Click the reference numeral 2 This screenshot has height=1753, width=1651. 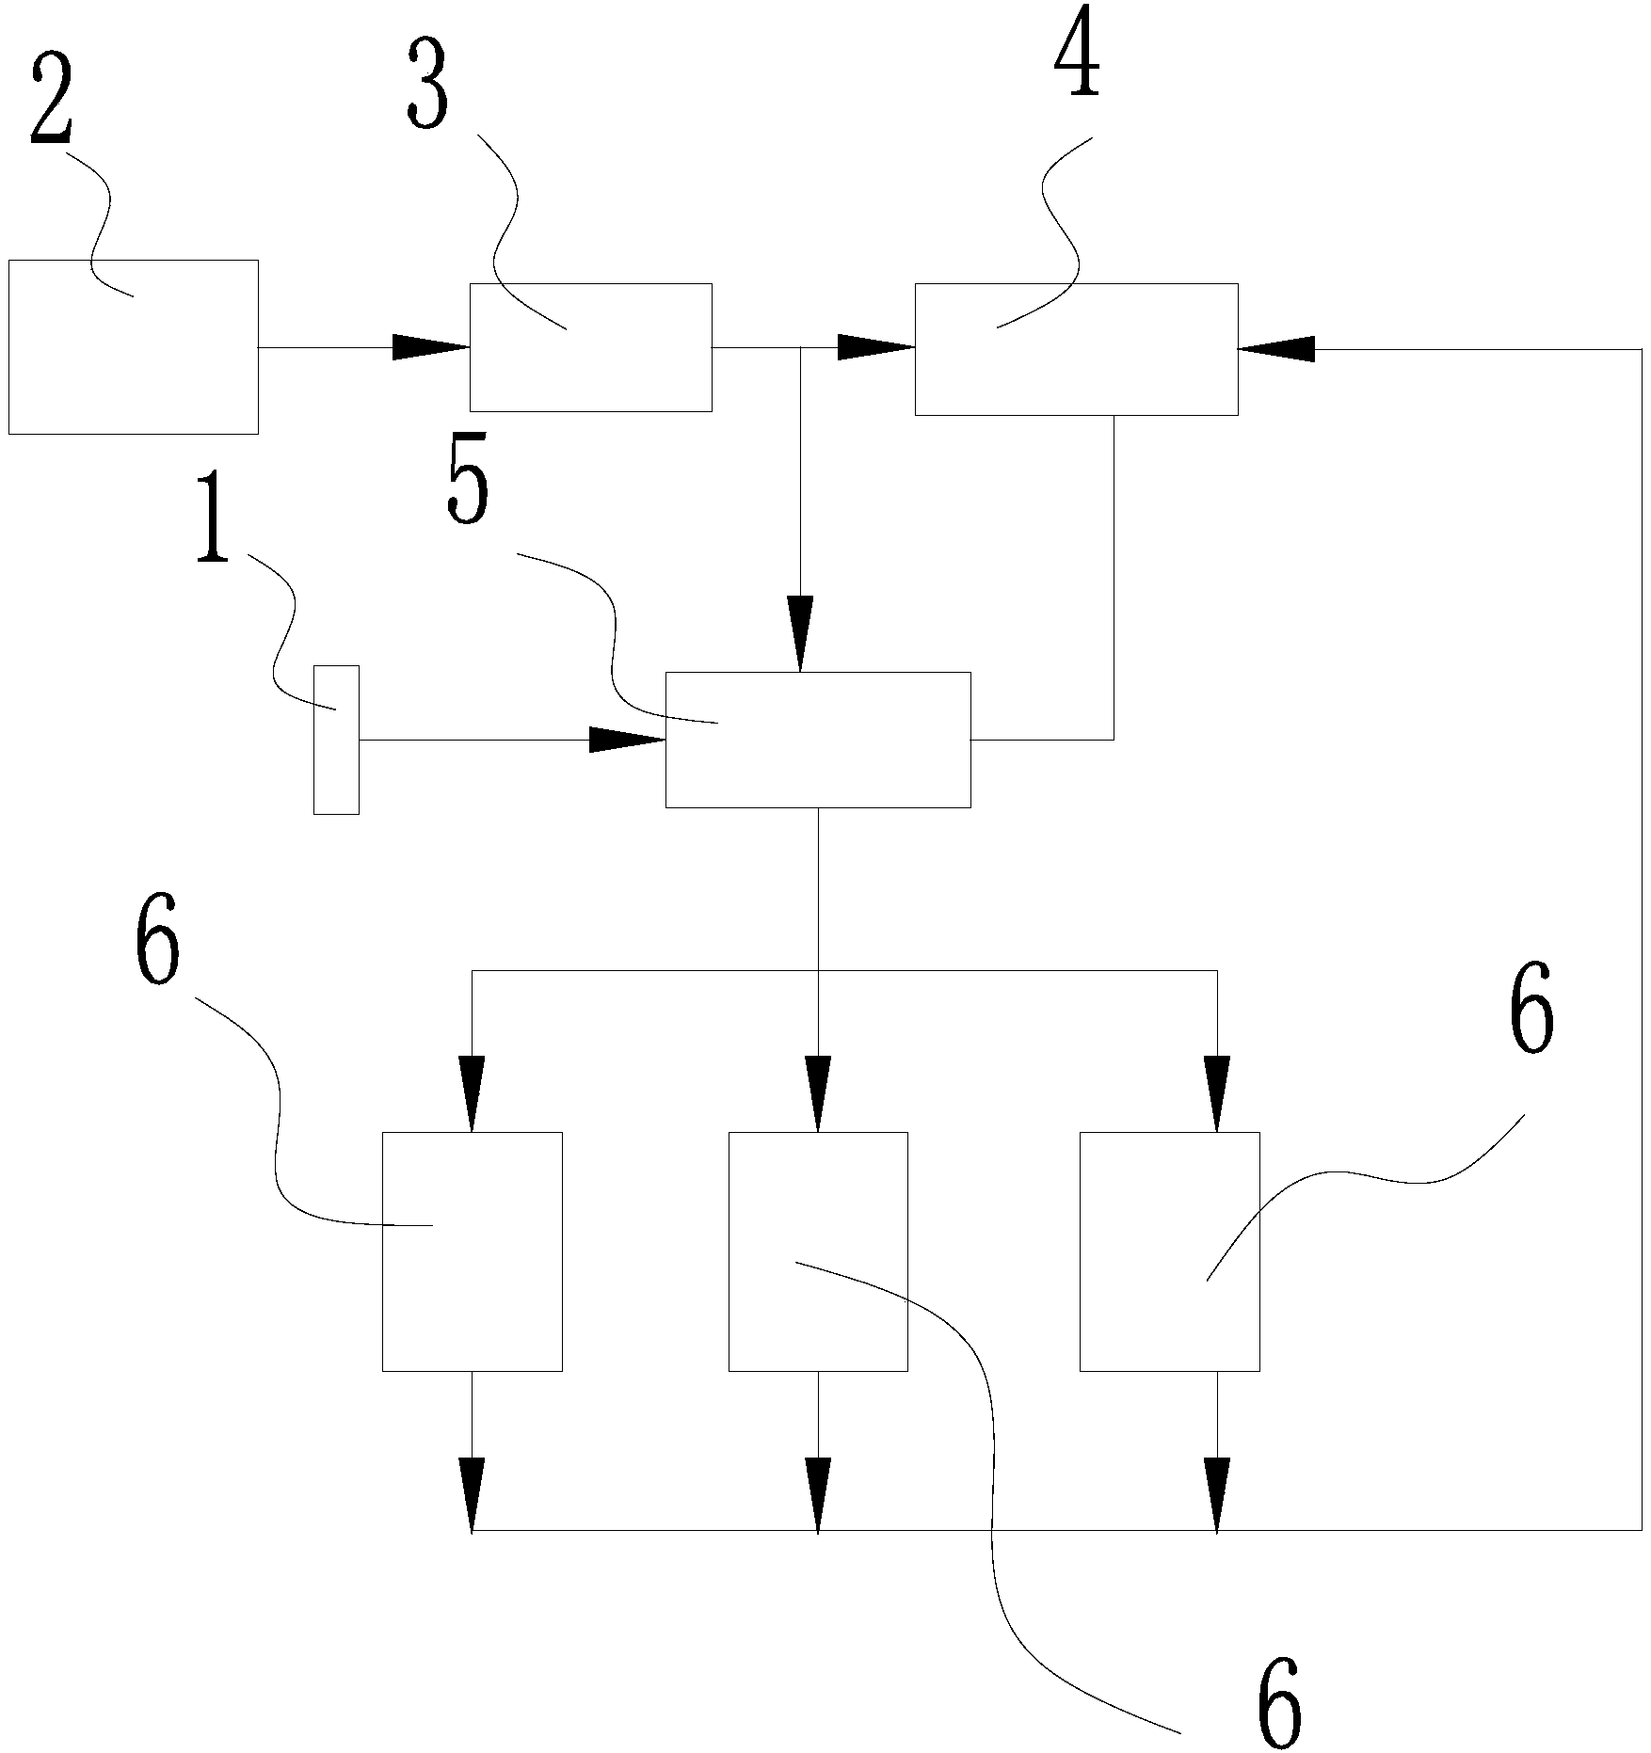52,100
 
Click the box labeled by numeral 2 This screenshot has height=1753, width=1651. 133,346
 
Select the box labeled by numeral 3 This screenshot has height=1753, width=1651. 590,347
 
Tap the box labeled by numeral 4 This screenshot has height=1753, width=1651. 1076,349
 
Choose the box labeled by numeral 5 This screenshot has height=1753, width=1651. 817,740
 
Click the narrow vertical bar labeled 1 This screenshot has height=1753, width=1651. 336,740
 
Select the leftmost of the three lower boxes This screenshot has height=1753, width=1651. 472,1251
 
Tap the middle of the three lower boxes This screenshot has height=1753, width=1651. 818,1251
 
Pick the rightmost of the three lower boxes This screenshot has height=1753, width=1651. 1169,1251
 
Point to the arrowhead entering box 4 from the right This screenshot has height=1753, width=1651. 1276,349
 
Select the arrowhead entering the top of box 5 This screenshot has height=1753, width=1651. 800,633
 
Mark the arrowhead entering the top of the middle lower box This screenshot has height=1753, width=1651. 818,1093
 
